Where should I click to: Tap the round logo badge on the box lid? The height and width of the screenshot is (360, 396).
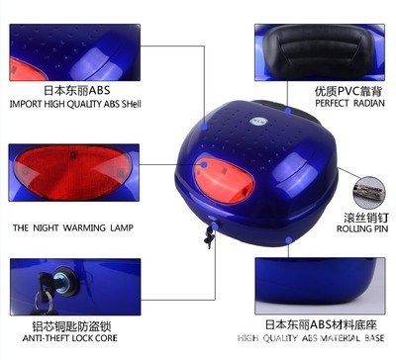[x=256, y=121]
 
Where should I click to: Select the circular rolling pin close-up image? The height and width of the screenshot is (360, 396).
[x=369, y=193]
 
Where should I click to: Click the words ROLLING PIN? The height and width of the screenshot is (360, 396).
[x=362, y=228]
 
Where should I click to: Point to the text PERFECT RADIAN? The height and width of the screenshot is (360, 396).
[x=349, y=103]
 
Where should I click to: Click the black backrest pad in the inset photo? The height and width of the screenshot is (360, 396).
[x=316, y=51]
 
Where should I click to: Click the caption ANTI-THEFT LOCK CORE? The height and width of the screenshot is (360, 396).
[x=70, y=338]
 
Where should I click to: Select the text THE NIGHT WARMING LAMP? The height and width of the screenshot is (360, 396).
[x=73, y=227]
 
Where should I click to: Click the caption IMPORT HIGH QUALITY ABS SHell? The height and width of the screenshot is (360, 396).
[x=75, y=104]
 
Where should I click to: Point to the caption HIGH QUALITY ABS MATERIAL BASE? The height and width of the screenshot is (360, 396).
[x=311, y=338]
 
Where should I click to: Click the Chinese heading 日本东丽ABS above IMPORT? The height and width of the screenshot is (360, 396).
[x=77, y=90]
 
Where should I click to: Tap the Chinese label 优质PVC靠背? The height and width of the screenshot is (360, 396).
[x=348, y=91]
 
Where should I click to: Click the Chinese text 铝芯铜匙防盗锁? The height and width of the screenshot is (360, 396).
[x=71, y=326]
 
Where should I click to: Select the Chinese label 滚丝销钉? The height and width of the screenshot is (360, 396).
[x=366, y=218]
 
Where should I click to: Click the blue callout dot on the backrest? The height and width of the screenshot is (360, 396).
[x=288, y=111]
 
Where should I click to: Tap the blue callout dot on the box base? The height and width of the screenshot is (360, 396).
[x=289, y=240]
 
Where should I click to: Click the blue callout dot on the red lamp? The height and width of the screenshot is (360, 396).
[x=204, y=164]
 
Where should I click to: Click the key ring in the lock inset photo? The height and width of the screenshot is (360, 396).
[x=44, y=302]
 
